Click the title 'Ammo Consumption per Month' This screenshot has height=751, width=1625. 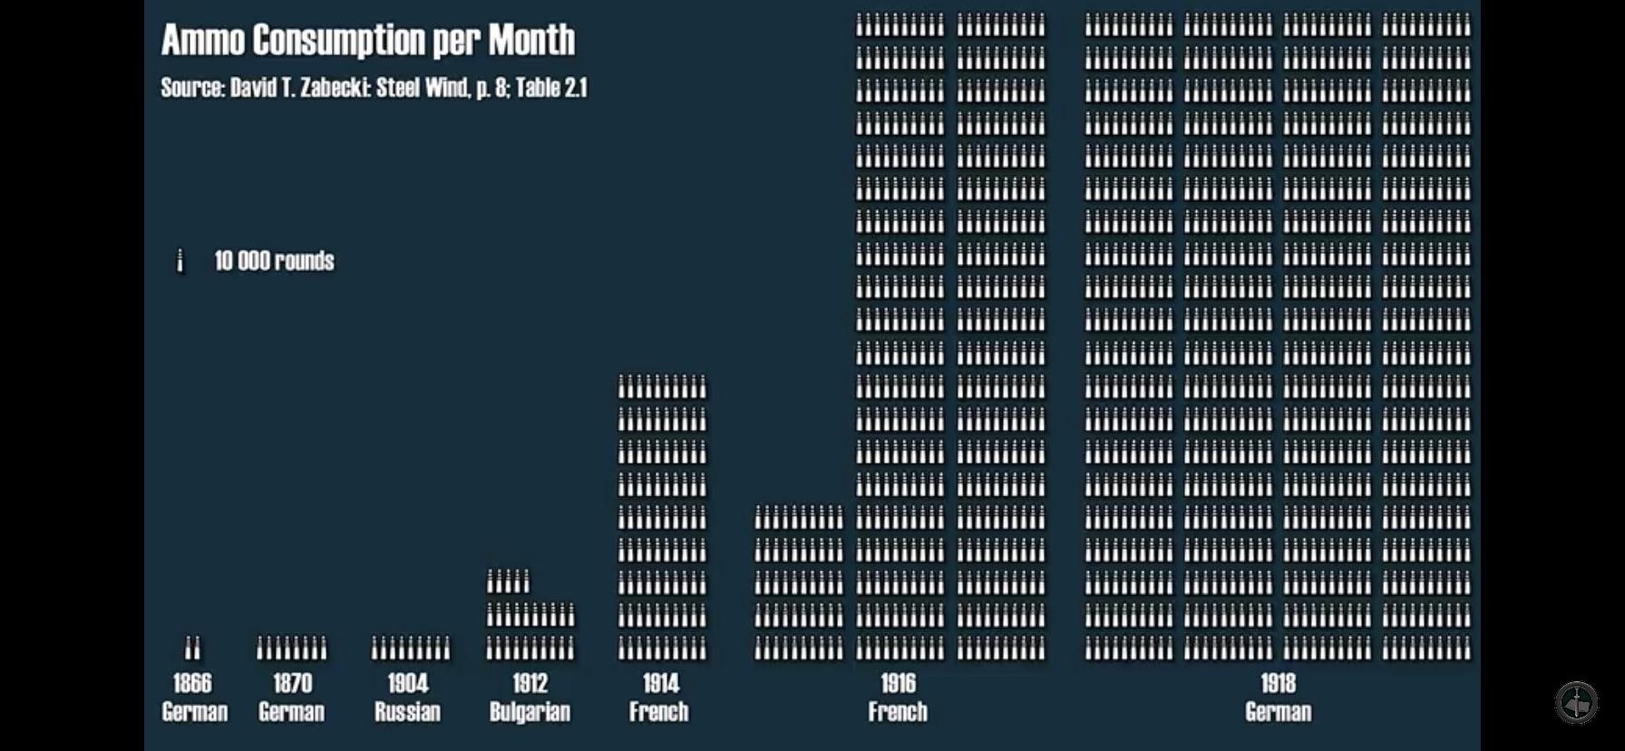pyautogui.click(x=368, y=40)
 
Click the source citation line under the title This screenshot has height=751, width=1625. pyautogui.click(x=374, y=88)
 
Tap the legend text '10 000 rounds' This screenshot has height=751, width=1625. pyautogui.click(x=274, y=261)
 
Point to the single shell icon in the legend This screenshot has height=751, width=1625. pyautogui.click(x=180, y=261)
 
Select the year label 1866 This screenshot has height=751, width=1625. pyautogui.click(x=192, y=683)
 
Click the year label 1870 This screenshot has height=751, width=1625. pyautogui.click(x=292, y=683)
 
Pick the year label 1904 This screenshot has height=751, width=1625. pyautogui.click(x=408, y=683)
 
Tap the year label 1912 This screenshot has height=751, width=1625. pyautogui.click(x=530, y=683)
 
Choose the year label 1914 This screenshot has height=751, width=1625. pyautogui.click(x=661, y=683)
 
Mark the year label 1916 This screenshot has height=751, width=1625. pyautogui.click(x=898, y=683)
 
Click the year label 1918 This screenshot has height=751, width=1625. pyautogui.click(x=1278, y=683)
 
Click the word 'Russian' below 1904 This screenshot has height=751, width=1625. pyautogui.click(x=408, y=712)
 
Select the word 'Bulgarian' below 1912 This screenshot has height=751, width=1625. pyautogui.click(x=530, y=712)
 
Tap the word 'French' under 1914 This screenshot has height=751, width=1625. pyautogui.click(x=659, y=712)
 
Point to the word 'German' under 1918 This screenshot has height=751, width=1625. pyautogui.click(x=1278, y=712)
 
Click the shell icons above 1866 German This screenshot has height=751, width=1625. pyautogui.click(x=192, y=648)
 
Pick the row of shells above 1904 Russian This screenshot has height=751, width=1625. pyautogui.click(x=410, y=648)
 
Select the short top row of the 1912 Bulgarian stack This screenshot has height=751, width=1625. pyautogui.click(x=508, y=581)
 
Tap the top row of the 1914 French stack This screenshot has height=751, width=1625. pyautogui.click(x=662, y=387)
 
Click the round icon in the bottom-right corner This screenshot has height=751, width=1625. pyautogui.click(x=1577, y=702)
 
